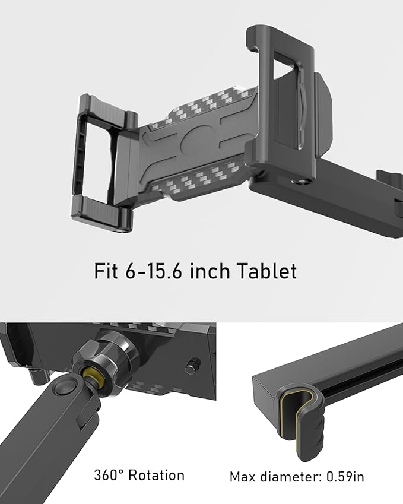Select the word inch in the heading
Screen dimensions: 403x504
click(210, 271)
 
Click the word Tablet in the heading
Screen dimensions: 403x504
click(267, 271)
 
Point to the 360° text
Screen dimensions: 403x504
click(109, 475)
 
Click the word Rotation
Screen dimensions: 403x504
click(157, 475)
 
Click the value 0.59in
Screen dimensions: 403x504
click(345, 477)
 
